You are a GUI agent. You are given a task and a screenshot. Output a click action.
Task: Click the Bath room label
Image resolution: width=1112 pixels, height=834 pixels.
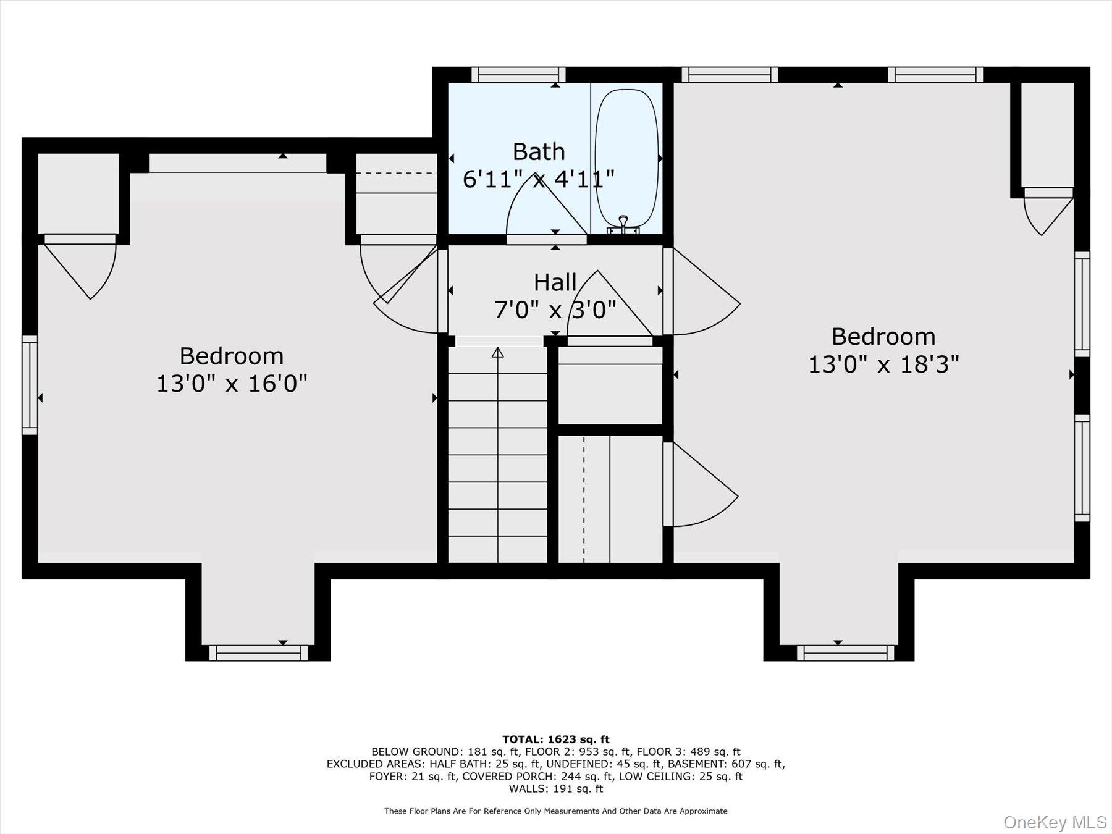[539, 152]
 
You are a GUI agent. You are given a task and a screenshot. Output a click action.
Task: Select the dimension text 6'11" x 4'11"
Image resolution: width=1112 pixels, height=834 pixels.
[539, 180]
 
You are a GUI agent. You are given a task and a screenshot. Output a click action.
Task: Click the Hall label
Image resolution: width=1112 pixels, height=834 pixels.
[555, 283]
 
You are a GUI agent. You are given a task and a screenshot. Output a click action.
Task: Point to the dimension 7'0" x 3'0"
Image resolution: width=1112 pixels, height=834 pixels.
[555, 310]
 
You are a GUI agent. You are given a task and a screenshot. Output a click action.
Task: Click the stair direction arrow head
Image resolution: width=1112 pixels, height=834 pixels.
[497, 353]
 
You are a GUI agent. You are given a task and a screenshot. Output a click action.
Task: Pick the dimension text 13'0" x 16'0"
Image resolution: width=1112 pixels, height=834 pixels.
[232, 384]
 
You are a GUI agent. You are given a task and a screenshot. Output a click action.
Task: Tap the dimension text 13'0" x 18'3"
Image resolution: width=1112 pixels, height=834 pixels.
[883, 364]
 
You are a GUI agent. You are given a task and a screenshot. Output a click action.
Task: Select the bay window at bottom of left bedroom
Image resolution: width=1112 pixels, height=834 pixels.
[258, 652]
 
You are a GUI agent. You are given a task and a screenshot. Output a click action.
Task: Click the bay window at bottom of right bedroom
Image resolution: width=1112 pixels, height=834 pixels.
[845, 652]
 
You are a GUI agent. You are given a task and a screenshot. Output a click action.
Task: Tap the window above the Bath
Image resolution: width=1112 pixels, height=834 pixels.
[518, 75]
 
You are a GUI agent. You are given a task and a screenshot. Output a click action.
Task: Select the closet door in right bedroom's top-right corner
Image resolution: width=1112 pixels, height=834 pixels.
[1048, 213]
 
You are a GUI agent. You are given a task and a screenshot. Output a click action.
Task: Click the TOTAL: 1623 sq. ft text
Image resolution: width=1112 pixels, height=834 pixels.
[555, 739]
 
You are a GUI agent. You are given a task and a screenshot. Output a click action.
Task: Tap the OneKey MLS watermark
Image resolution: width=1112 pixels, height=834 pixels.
[1055, 822]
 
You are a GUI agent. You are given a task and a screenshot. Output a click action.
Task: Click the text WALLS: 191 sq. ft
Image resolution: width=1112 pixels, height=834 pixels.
[555, 789]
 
